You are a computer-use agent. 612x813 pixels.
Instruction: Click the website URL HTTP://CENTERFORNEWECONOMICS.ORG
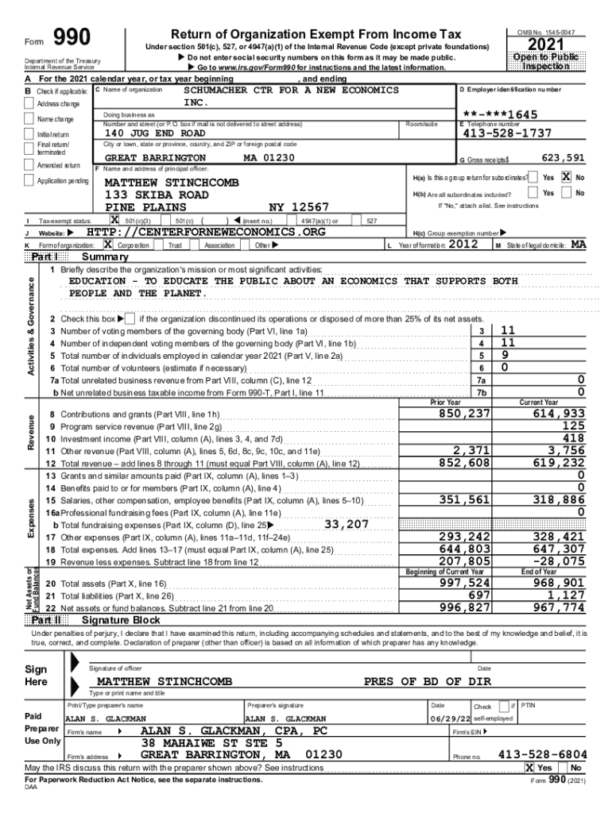[x=206, y=232]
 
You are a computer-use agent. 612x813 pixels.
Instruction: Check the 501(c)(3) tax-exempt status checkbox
[x=114, y=220]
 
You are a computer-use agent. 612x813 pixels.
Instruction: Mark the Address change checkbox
[x=30, y=104]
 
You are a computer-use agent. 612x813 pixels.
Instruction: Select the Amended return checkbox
[x=30, y=165]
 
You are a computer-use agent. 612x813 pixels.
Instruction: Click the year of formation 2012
[x=464, y=245]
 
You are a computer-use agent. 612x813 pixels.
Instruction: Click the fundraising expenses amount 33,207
[x=347, y=524]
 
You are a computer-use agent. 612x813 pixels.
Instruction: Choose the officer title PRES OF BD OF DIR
[x=428, y=681]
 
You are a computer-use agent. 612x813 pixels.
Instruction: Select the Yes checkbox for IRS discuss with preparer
[x=529, y=769]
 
